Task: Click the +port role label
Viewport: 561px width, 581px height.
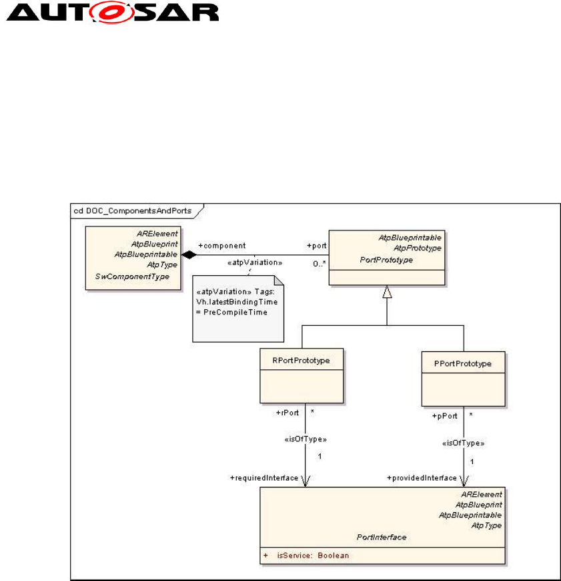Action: coord(316,246)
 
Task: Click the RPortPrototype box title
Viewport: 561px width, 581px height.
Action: coord(301,361)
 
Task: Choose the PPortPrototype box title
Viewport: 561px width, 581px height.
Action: coord(463,364)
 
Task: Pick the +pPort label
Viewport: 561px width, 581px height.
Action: coord(445,415)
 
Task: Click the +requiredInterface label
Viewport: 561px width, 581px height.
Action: coord(264,477)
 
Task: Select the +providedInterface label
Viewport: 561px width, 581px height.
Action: coord(422,477)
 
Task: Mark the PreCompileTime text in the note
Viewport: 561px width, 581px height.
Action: coord(222,311)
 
